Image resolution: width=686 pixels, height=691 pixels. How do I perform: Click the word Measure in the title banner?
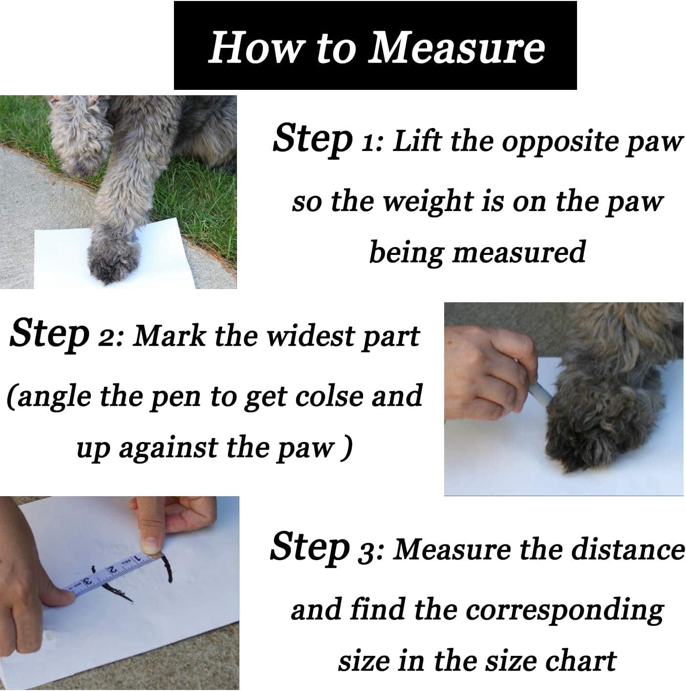[456, 47]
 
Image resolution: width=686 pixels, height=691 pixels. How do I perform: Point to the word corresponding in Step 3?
[564, 610]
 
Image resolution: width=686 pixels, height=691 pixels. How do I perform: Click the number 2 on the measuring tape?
[112, 569]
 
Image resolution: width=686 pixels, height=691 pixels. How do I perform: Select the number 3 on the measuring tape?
[87, 582]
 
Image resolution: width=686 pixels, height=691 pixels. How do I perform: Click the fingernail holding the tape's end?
[150, 543]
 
